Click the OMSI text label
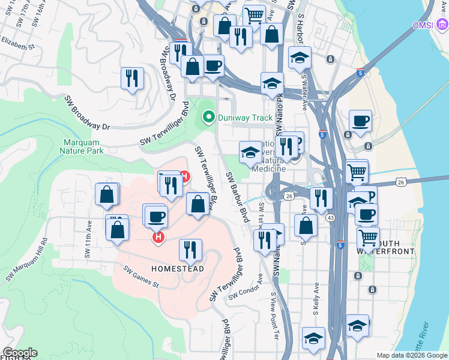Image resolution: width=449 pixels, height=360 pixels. pyautogui.click(x=422, y=26)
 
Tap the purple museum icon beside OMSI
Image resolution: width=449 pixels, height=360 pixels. pyautogui.click(x=441, y=25)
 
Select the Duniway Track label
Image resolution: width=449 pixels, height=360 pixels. pyautogui.click(x=245, y=118)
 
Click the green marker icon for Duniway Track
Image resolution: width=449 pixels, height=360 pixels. pyautogui.click(x=209, y=118)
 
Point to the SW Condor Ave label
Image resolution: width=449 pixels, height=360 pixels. pyautogui.click(x=246, y=287)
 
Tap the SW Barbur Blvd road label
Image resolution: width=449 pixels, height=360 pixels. pyautogui.click(x=238, y=197)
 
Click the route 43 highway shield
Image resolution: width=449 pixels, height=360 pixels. pyautogui.click(x=331, y=218)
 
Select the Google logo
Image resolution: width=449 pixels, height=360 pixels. pyautogui.click(x=20, y=353)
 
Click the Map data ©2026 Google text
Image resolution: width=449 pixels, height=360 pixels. pyautogui.click(x=412, y=355)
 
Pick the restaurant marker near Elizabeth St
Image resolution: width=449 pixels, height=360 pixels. pyautogui.click(x=131, y=79)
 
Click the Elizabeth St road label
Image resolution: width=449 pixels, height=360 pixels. pyautogui.click(x=18, y=42)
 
